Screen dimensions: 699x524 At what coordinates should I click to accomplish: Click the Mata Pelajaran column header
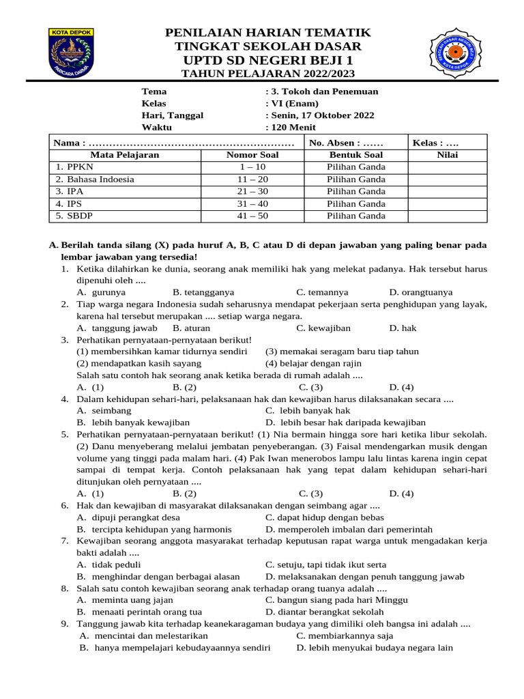click(x=125, y=155)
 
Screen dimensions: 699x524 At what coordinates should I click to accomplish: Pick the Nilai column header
click(x=447, y=155)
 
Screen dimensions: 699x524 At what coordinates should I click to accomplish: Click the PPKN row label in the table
click(x=70, y=167)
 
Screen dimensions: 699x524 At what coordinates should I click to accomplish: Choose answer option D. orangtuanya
click(x=420, y=292)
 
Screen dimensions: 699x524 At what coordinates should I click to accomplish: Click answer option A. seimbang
click(x=104, y=411)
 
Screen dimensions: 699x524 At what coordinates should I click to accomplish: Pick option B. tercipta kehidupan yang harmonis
click(x=154, y=530)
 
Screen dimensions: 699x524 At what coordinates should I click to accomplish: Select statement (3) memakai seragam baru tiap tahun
click(x=342, y=352)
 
